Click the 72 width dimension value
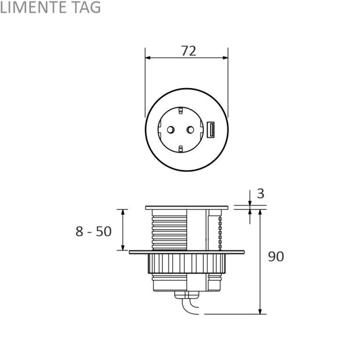(189, 51)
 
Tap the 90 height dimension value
(276, 256)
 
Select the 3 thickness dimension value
(260, 193)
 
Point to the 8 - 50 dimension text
(94, 231)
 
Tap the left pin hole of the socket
(171, 130)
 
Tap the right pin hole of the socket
(190, 130)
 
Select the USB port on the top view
(211, 130)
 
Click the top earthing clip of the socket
(180, 110)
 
